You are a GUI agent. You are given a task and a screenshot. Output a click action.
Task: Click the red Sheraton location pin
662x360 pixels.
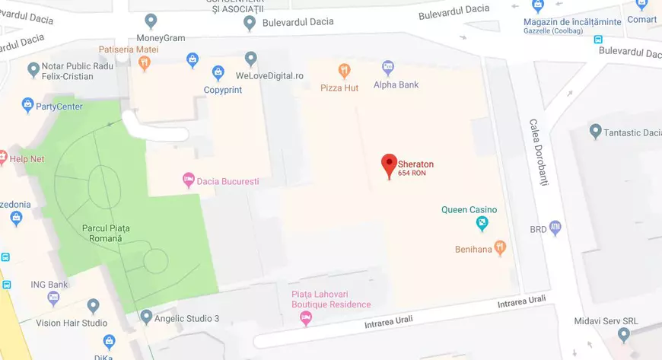tap(389, 164)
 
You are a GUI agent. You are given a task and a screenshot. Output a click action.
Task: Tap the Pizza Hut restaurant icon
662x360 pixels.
tap(345, 72)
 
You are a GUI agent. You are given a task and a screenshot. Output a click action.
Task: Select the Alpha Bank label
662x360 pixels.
tap(396, 84)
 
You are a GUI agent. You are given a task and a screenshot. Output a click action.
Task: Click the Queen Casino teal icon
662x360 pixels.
tap(482, 223)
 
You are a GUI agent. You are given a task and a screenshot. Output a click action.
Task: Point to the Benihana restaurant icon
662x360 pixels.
tap(500, 247)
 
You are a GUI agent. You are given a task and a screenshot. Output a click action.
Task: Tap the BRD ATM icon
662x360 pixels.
tap(555, 228)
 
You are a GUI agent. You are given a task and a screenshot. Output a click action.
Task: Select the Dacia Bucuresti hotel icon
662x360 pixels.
tap(188, 181)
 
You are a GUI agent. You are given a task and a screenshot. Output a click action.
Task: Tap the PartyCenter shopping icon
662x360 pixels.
tap(28, 105)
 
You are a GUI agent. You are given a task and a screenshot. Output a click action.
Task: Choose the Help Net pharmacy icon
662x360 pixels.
tap(2, 159)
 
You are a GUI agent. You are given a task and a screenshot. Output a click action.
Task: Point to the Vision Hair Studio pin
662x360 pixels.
tap(94, 306)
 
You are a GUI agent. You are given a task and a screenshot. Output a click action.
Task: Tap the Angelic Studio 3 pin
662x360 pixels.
tap(146, 316)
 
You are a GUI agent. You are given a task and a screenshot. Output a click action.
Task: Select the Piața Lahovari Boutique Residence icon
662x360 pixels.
tap(307, 318)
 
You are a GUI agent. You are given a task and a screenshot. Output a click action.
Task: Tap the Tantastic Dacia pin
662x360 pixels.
tap(596, 132)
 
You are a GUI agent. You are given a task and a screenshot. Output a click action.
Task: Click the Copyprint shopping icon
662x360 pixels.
tap(218, 73)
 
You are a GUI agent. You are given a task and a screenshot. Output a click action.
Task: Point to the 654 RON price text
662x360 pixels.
tap(412, 174)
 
